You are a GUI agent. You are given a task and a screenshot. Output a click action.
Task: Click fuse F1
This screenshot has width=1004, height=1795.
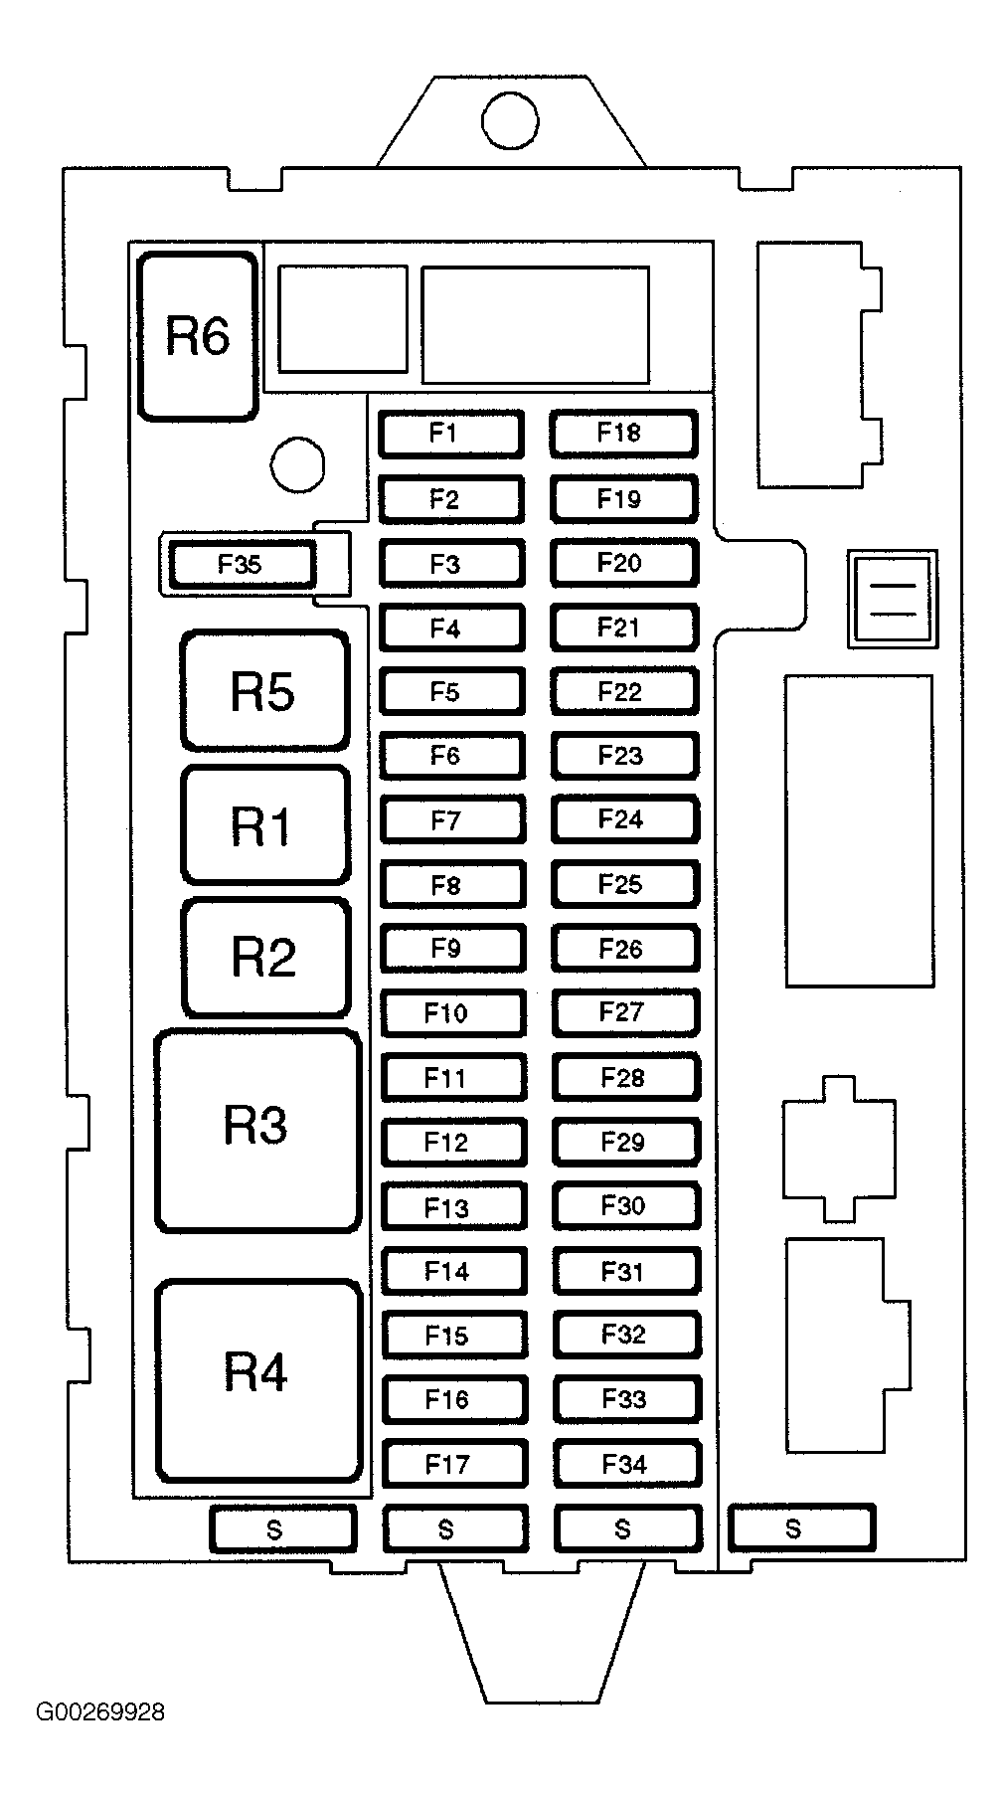coord(450,434)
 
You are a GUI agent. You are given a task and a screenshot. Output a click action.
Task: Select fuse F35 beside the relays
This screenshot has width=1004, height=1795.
coord(242,565)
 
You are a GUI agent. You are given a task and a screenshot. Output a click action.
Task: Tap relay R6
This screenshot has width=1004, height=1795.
coord(198,336)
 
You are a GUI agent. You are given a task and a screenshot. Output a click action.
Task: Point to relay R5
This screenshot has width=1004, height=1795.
coord(264,690)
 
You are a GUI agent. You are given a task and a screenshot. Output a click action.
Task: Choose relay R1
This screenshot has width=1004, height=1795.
coord(264,824)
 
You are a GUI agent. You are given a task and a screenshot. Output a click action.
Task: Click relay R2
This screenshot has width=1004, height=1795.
coord(264,957)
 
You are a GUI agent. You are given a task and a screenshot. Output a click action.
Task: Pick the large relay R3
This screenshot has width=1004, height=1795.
coord(257,1130)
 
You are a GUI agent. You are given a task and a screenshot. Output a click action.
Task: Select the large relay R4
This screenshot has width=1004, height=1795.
coord(257,1378)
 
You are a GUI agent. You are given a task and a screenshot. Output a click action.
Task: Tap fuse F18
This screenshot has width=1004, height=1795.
coord(622,434)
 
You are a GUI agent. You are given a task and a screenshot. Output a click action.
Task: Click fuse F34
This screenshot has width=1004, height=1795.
coord(627,1464)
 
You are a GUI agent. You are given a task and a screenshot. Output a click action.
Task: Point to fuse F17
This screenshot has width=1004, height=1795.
coord(453,1464)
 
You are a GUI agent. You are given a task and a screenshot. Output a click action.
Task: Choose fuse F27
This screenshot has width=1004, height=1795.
coord(625,1013)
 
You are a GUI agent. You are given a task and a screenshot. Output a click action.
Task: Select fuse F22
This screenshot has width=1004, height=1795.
coord(624,691)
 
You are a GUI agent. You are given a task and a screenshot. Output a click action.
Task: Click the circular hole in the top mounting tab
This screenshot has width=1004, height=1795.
coord(510,121)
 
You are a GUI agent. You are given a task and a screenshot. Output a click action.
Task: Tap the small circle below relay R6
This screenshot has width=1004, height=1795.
coord(297,464)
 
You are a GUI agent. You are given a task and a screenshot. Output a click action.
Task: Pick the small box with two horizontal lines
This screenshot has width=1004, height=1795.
coord(892,599)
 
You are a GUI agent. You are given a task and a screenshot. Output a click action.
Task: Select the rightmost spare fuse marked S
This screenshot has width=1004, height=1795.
coord(800,1528)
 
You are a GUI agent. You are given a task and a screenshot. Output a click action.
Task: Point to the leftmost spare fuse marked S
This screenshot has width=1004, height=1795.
coord(282,1528)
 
